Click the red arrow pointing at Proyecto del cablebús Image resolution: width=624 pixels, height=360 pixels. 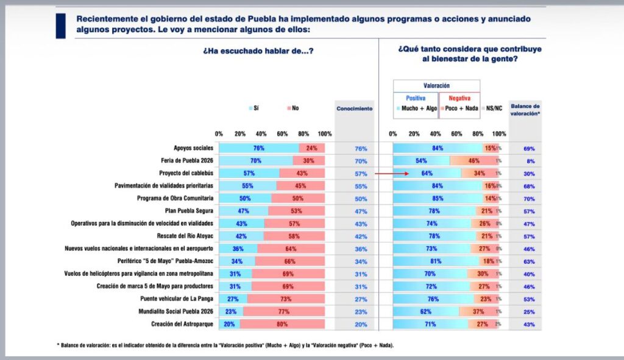point(390,173)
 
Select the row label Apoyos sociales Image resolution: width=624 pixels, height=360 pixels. point(193,148)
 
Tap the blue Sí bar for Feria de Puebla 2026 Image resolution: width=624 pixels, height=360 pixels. point(255,161)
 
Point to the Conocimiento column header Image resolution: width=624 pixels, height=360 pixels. point(354,108)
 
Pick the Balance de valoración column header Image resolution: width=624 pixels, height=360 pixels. point(525,109)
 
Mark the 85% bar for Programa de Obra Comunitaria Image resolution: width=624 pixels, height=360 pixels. point(437,199)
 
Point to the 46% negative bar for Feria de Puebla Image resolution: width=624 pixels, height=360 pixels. point(473,161)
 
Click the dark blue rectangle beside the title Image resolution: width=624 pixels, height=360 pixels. point(60,26)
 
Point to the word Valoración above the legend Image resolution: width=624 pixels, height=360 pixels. point(436,86)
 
